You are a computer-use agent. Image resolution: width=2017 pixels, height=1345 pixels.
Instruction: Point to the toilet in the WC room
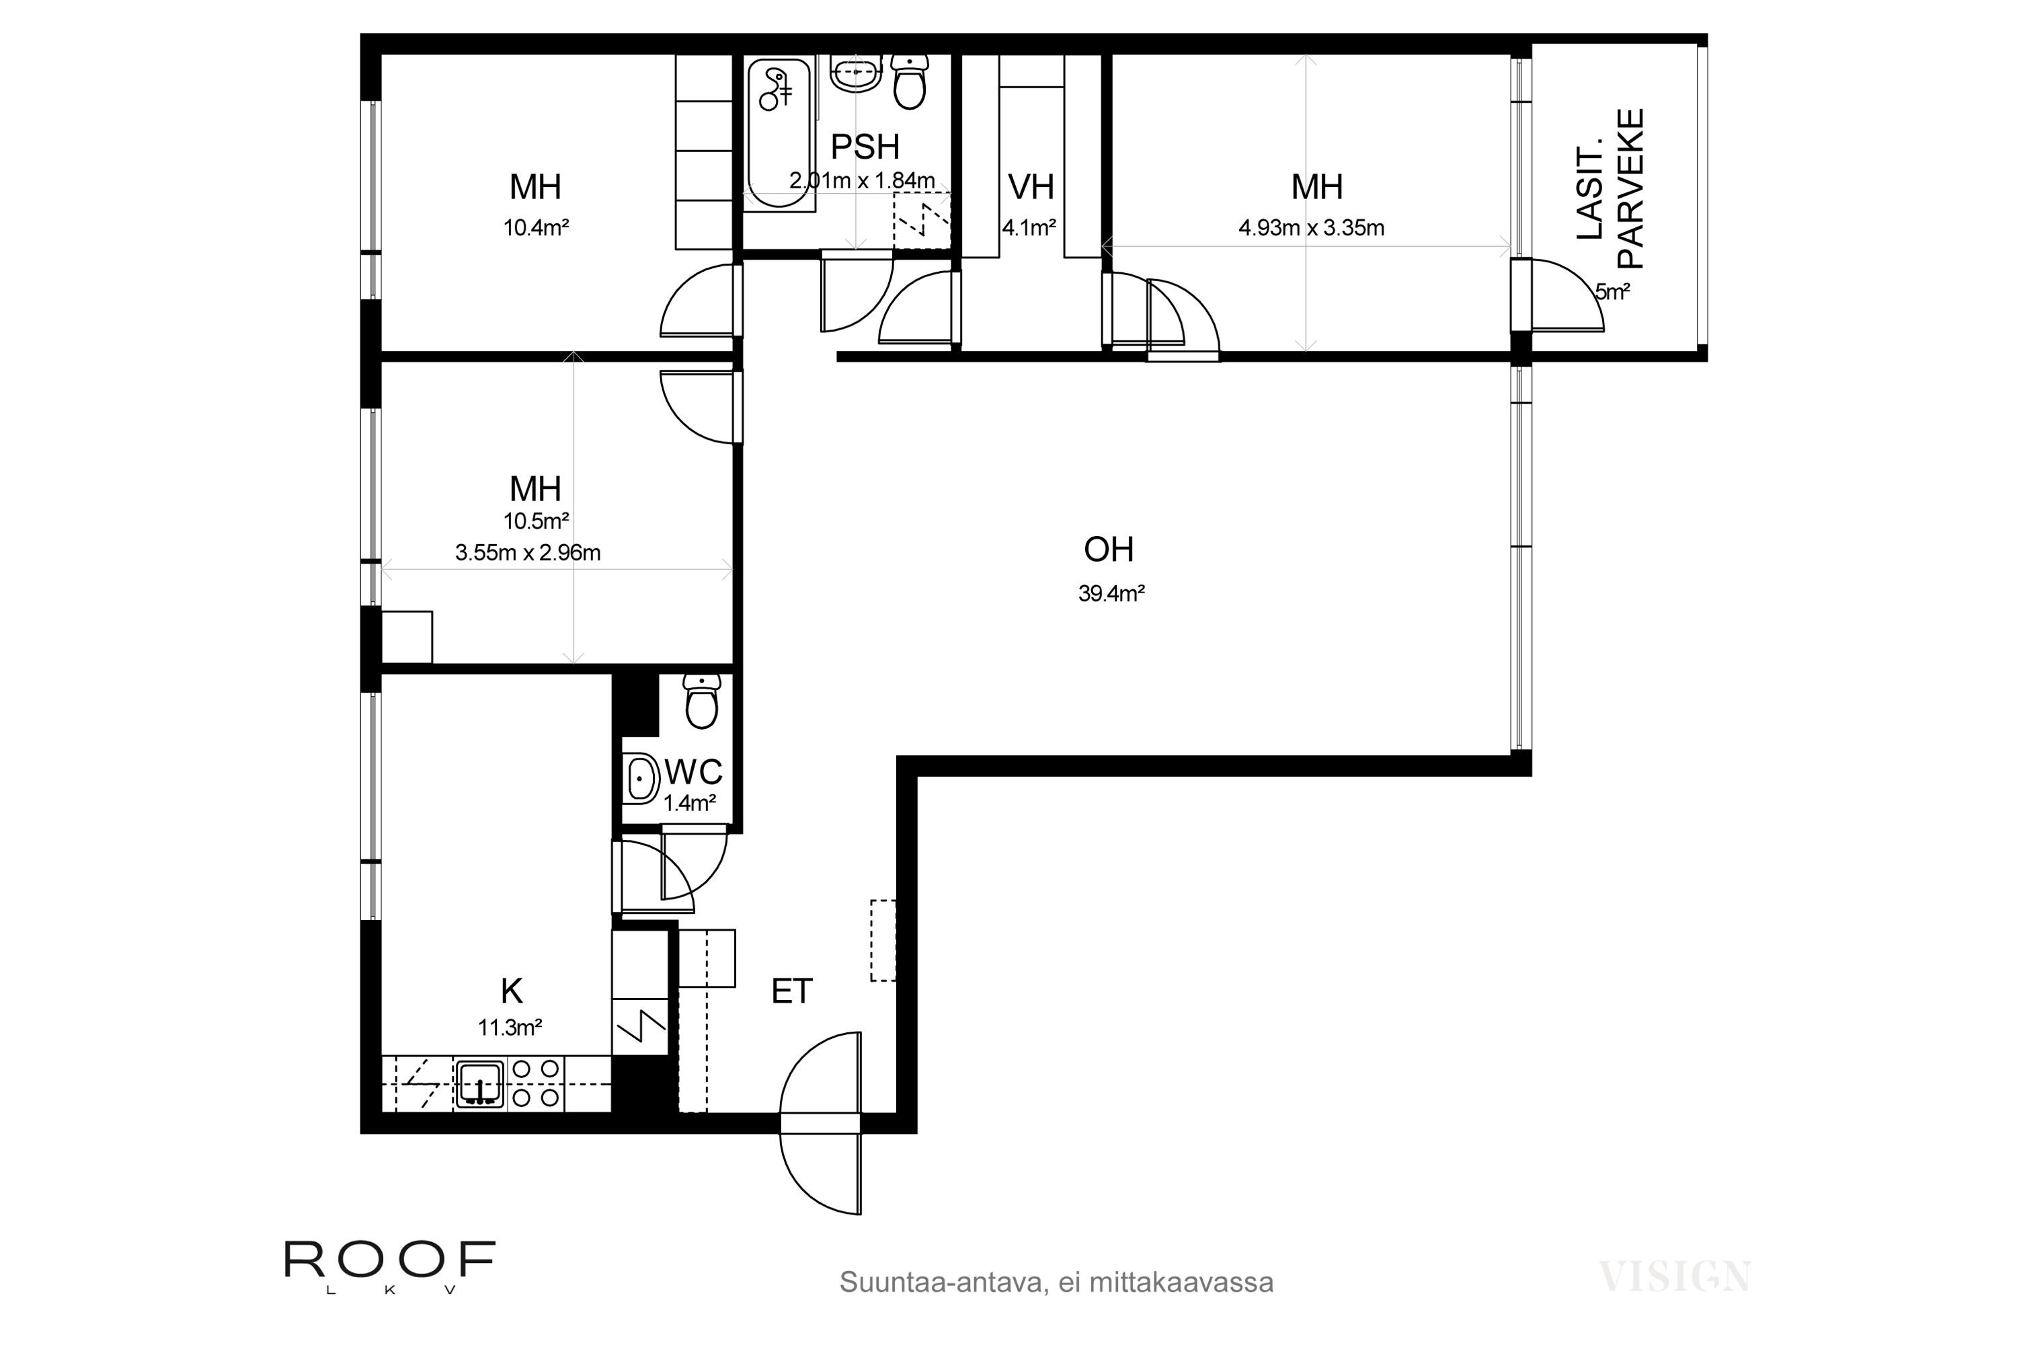(x=703, y=701)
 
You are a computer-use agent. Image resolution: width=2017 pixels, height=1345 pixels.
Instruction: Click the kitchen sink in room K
(x=480, y=1084)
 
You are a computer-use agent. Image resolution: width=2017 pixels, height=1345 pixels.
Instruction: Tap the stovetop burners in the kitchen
(x=535, y=1083)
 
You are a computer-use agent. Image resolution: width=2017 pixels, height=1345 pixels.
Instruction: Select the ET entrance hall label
(x=791, y=991)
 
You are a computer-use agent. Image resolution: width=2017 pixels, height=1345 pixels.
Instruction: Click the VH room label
(x=1031, y=187)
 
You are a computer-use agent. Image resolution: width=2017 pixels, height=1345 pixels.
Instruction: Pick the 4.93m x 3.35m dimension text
(x=1311, y=228)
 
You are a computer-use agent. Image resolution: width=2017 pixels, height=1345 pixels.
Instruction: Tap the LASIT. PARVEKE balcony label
(x=1610, y=188)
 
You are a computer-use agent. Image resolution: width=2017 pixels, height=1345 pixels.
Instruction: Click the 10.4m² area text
(x=536, y=228)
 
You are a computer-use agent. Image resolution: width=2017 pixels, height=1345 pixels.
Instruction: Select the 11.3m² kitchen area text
(x=510, y=1028)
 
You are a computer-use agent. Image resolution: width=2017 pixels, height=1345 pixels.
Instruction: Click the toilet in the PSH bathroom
(x=910, y=81)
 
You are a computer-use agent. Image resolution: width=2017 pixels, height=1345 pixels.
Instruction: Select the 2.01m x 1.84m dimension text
(x=862, y=181)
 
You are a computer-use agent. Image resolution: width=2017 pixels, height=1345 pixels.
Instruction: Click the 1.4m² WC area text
(x=690, y=804)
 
